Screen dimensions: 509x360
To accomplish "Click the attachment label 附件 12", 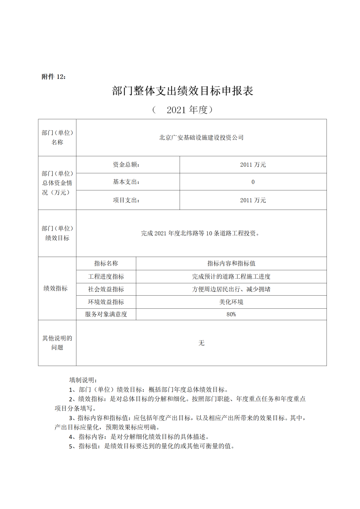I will [53, 77].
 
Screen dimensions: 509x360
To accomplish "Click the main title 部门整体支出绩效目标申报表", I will [183, 91].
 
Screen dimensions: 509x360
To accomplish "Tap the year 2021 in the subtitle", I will [176, 110].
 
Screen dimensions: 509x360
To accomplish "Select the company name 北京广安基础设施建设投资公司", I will [201, 137].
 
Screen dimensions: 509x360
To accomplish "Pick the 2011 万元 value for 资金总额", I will [253, 165].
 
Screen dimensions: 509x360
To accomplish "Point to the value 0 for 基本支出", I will [253, 182].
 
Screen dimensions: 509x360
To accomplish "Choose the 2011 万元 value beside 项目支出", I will [253, 200].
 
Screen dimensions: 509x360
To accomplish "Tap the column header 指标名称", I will [106, 263].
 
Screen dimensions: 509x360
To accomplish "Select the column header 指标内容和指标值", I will [231, 263].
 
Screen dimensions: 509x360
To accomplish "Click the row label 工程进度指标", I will [106, 277].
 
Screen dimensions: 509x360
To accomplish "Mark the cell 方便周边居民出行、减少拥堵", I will [231, 289].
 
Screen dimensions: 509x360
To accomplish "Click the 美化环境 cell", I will [231, 302].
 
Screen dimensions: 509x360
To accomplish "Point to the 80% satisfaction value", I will [231, 314].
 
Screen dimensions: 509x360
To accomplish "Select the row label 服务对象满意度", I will [106, 314].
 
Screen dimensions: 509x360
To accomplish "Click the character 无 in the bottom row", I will [201, 343].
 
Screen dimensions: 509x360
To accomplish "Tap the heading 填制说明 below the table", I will [83, 379].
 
